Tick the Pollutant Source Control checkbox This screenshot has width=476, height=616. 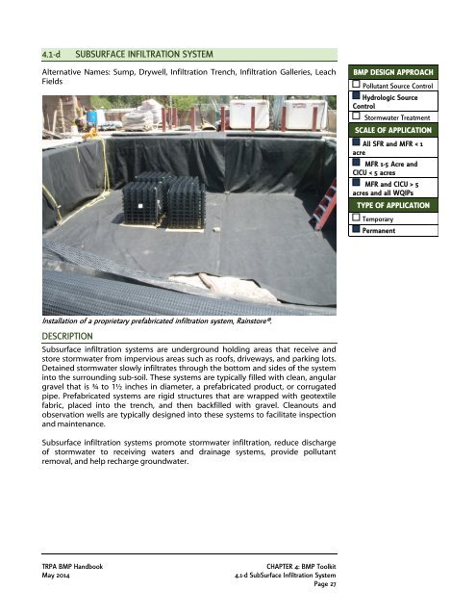point(356,87)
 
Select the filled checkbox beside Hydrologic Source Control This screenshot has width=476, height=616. point(356,98)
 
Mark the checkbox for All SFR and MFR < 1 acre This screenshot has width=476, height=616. point(356,142)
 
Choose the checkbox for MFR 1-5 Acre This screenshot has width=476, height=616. point(356,165)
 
